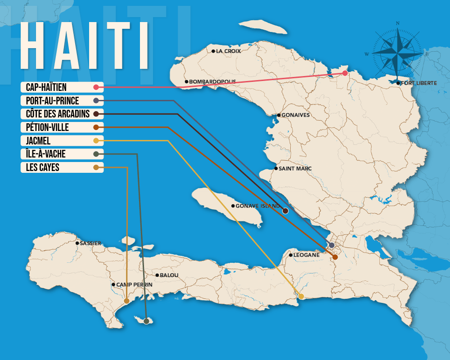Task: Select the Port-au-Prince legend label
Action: tap(52, 100)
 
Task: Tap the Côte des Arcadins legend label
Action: tap(58, 114)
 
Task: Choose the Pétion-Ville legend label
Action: tap(47, 127)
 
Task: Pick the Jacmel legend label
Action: tap(38, 141)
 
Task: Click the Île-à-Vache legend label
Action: tap(45, 154)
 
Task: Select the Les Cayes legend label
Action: tap(42, 167)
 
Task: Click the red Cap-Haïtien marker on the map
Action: tap(345, 73)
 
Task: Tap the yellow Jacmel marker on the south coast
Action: tap(301, 296)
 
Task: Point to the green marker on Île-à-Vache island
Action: tap(146, 321)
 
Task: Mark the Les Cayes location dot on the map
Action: tap(126, 301)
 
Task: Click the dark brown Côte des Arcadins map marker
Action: tap(285, 211)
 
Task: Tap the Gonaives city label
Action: tap(295, 115)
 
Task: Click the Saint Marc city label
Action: tap(295, 169)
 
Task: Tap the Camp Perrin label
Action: tap(134, 285)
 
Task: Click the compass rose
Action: tap(397, 53)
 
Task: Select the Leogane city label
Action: tap(306, 255)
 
